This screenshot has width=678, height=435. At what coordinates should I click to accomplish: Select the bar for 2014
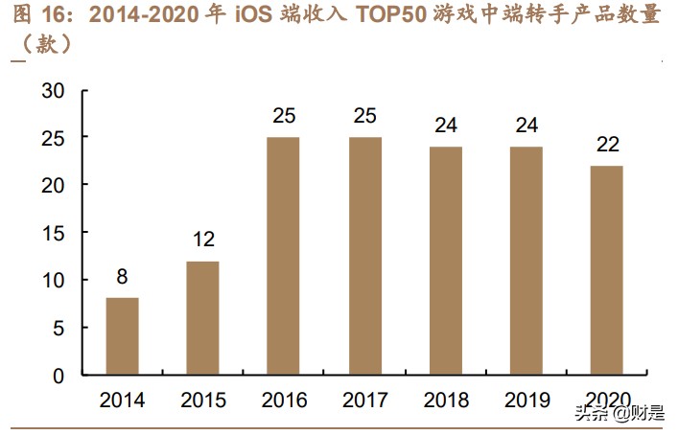coord(122,336)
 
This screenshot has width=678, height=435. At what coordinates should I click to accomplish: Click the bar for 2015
coord(202,318)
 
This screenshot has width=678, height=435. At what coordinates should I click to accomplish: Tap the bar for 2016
coord(283,256)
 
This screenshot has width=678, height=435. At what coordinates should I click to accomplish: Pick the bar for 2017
coord(364,256)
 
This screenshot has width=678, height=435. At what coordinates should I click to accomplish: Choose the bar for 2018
coord(445,261)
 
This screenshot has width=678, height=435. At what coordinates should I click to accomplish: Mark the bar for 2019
coord(526,261)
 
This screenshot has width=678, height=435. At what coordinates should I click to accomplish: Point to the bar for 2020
coord(607,270)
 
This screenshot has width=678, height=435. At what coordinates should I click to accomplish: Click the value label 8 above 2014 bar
coord(122,279)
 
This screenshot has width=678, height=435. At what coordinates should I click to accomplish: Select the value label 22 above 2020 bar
coord(607,146)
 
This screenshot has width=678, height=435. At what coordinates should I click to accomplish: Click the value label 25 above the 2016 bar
coord(283,117)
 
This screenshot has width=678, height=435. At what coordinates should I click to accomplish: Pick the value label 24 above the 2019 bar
coord(526,126)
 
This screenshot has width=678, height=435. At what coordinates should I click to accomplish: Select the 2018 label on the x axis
coord(445,401)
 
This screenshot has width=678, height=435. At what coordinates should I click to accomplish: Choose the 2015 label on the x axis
coord(202,401)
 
